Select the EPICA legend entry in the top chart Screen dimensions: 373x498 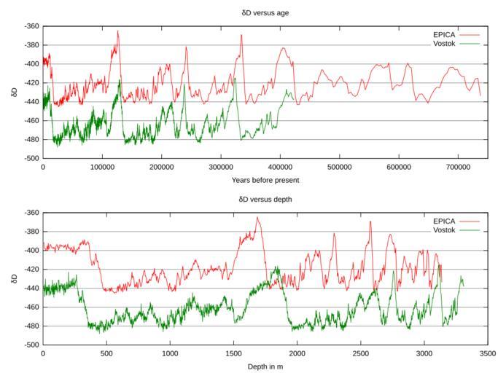[x=445, y=34]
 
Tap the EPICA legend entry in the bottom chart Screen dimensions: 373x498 [x=445, y=221]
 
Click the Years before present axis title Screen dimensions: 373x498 [x=265, y=179]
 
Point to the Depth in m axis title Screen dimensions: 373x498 [x=265, y=366]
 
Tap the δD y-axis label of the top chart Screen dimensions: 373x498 [x=12, y=92]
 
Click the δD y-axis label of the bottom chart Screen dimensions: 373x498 [x=12, y=278]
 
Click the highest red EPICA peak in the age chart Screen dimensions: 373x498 [x=117, y=31]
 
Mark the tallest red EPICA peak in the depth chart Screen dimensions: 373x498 [x=257, y=218]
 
